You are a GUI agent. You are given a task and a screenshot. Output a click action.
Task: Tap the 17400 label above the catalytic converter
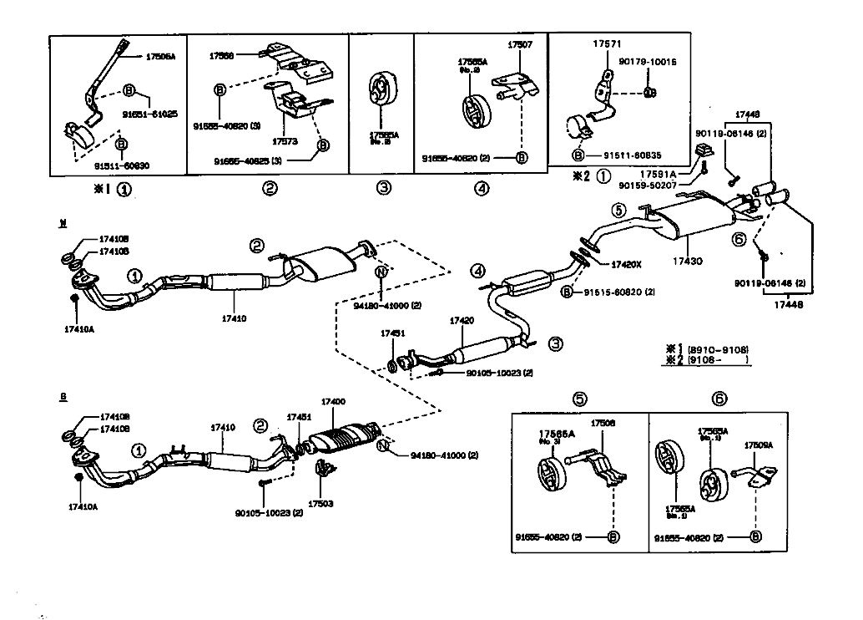tap(333, 402)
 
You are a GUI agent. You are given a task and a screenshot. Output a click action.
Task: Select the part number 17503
tap(320, 504)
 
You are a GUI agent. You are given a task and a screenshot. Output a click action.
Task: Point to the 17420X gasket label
tap(625, 264)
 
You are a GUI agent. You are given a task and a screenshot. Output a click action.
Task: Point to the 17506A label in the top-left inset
tap(160, 57)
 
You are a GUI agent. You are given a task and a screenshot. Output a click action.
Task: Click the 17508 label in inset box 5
tap(603, 423)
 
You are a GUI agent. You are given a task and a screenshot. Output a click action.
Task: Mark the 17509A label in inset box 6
tap(758, 445)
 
